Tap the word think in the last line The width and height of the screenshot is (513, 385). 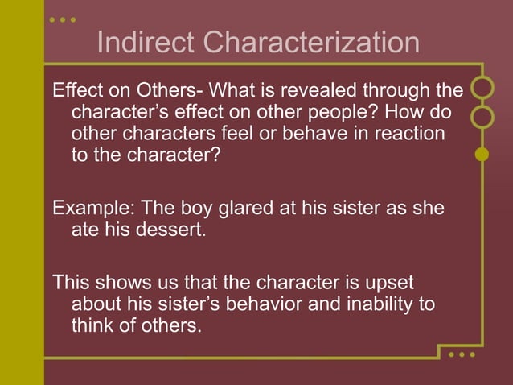coord(94,327)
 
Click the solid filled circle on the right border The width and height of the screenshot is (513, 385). coord(482,153)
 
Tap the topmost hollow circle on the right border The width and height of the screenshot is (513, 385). coord(482,87)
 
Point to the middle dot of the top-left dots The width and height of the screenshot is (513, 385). coord(63,19)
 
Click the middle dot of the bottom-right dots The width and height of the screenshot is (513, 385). coord(462,354)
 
